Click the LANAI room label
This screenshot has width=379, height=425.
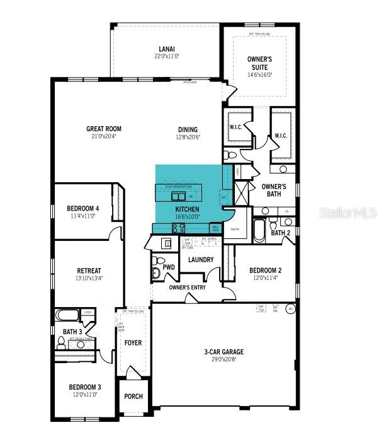pos(167,49)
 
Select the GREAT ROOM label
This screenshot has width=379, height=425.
pos(104,129)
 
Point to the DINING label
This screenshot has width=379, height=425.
pos(187,129)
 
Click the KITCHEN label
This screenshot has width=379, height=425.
pos(187,209)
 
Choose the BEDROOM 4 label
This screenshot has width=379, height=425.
pos(83,208)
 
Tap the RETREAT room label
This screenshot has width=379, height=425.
pos(89,271)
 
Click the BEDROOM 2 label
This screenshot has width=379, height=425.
pos(265,271)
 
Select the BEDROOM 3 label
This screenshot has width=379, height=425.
pos(85,387)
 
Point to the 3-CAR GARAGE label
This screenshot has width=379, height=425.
pos(223,352)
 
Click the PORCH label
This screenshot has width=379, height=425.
pos(133,397)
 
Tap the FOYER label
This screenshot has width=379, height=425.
pos(133,343)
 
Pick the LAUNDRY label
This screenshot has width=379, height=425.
pos(201,259)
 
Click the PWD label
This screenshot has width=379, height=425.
pos(169,267)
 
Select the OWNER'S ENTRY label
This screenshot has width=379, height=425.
pos(187,288)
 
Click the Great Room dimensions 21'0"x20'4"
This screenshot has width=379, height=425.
pos(104,136)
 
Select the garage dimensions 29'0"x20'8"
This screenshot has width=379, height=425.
pos(223,359)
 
